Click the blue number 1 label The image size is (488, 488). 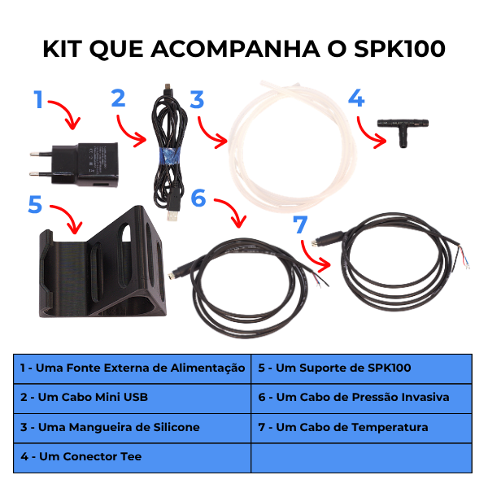tap(38, 99)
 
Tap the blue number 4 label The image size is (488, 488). tap(356, 98)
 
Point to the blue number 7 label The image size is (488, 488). tap(300, 224)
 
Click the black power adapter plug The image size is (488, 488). tap(75, 164)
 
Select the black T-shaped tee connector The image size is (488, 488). tap(403, 131)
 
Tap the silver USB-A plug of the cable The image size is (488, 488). tap(172, 216)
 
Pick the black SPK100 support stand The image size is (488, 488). tap(102, 264)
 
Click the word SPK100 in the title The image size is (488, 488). tap(399, 49)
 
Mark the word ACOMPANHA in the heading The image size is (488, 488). tap(236, 49)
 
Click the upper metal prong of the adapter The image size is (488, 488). tap(41, 154)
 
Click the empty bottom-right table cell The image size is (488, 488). tap(361, 458)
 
